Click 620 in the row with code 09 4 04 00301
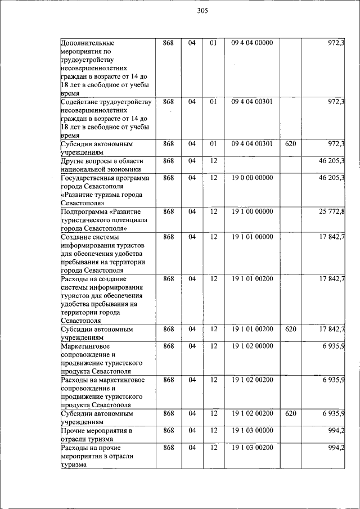coord(290,144)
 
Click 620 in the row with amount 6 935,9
coord(290,413)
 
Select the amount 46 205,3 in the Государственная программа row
coord(331,178)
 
